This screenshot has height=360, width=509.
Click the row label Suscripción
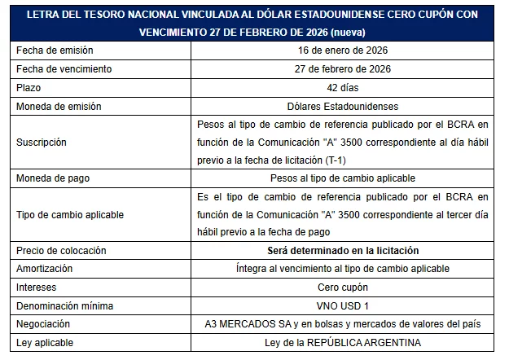42,142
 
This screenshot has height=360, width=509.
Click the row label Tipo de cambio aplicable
69,213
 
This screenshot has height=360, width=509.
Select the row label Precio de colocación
61,250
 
